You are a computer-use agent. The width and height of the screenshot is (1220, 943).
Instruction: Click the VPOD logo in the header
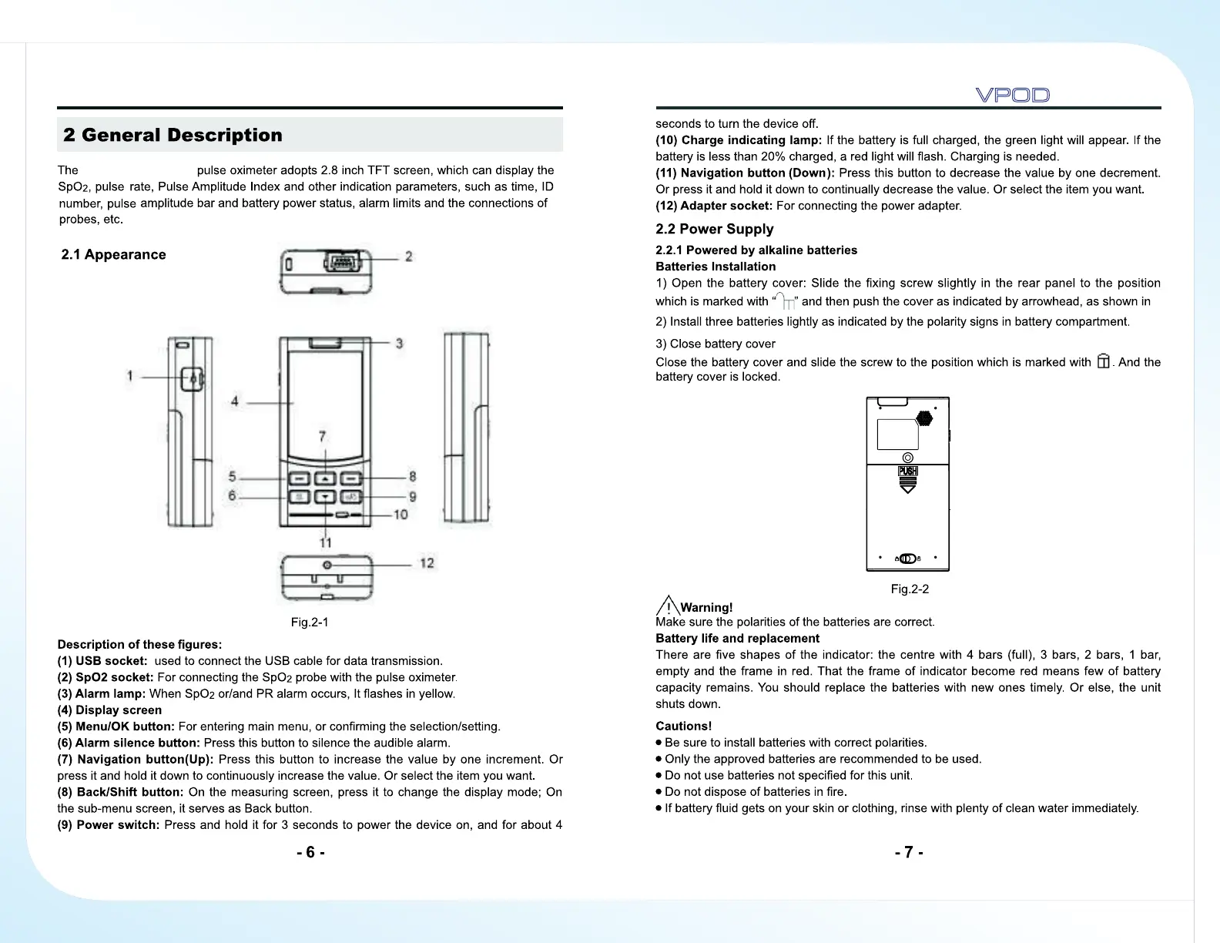tap(1012, 96)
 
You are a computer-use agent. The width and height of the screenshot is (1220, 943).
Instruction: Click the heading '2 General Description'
tap(173, 136)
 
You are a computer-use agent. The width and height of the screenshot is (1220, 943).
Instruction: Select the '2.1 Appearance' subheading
tap(113, 255)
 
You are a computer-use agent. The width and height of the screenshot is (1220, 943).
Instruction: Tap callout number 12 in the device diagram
tap(427, 563)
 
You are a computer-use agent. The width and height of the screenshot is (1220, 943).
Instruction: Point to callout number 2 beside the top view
tap(408, 256)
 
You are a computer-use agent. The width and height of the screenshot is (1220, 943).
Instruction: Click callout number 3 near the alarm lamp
tap(399, 343)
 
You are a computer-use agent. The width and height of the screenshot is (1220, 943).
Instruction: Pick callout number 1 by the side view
tap(130, 376)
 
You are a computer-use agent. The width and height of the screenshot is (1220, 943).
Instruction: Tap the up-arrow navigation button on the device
tap(325, 478)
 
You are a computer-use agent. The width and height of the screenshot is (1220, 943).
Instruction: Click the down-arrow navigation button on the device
tap(325, 497)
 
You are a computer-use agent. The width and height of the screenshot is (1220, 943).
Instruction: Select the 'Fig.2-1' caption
tap(310, 623)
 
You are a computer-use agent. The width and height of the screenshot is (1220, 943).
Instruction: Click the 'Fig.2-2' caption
tap(910, 589)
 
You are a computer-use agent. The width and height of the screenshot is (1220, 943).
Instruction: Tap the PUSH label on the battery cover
tap(908, 471)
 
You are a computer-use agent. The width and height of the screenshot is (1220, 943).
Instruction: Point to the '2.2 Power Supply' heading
tap(714, 229)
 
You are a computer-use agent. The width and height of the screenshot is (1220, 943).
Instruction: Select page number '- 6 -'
tap(310, 852)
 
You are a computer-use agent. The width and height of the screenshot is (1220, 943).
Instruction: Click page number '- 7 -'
tap(909, 852)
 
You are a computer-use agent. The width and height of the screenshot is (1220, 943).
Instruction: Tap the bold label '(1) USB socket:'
tap(102, 661)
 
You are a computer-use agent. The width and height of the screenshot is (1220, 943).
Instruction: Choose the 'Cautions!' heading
tap(683, 726)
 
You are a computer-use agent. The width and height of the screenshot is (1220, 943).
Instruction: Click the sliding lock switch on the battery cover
tap(907, 559)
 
